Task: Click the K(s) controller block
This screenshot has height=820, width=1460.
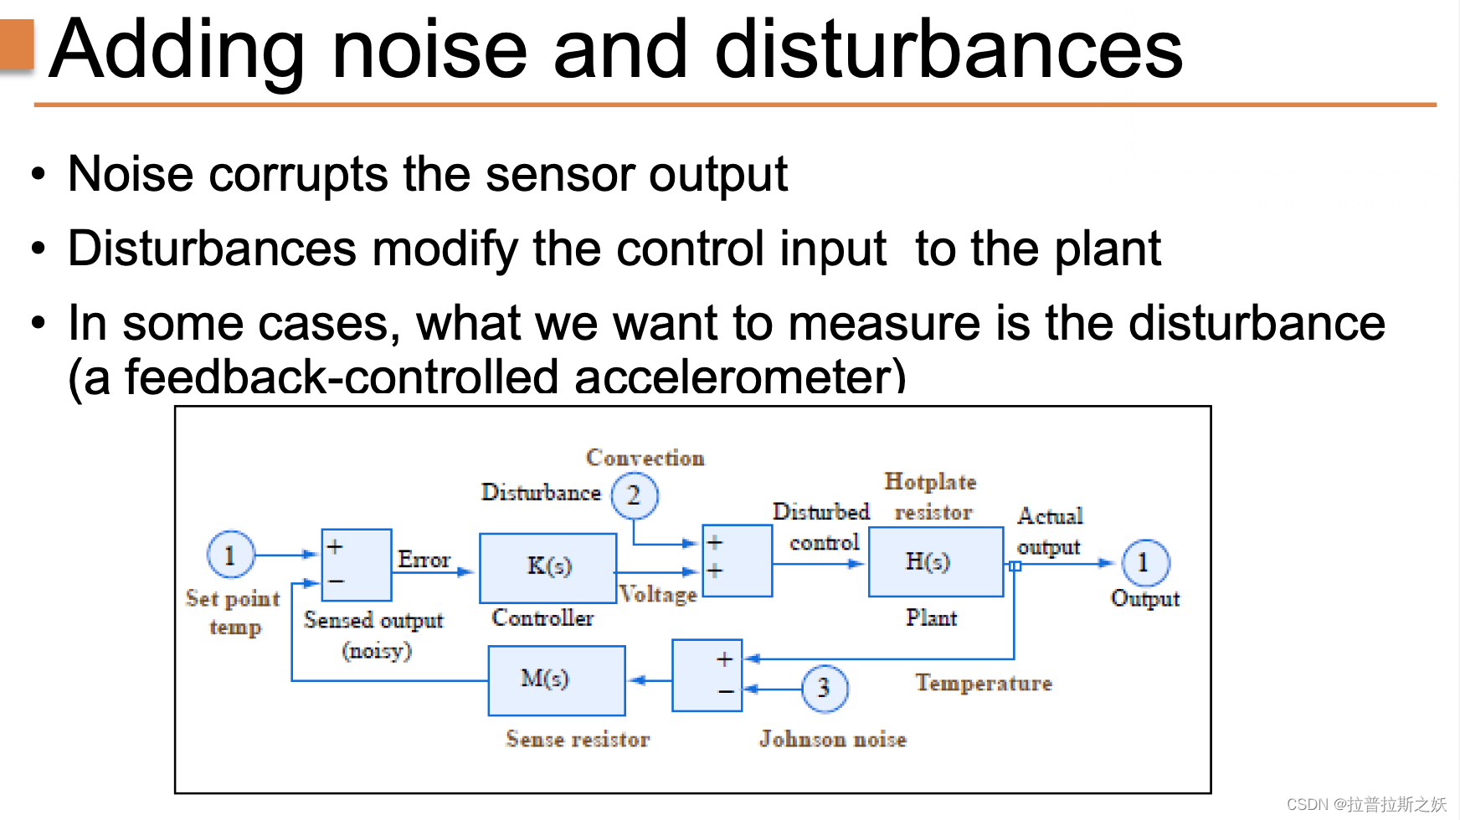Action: pyautogui.click(x=548, y=567)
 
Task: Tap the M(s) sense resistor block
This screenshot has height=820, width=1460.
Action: pyautogui.click(x=556, y=679)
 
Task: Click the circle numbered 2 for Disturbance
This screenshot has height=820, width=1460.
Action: pyautogui.click(x=634, y=495)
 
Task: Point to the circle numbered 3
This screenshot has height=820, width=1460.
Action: pyautogui.click(x=824, y=688)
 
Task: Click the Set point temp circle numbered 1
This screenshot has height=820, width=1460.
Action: pyautogui.click(x=230, y=555)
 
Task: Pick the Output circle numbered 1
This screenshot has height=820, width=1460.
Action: pyautogui.click(x=1144, y=563)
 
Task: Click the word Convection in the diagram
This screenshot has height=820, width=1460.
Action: pyautogui.click(x=645, y=458)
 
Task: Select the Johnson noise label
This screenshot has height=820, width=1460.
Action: pyautogui.click(x=832, y=739)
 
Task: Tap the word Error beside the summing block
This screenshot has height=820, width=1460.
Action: pyautogui.click(x=424, y=559)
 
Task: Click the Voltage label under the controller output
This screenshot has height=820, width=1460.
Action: pyautogui.click(x=658, y=594)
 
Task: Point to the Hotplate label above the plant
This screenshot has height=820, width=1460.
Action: pyautogui.click(x=930, y=482)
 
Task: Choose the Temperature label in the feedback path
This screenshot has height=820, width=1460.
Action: pyautogui.click(x=983, y=683)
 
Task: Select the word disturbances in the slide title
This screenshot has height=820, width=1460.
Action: pyautogui.click(x=948, y=50)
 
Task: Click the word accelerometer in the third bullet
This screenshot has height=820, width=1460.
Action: pyautogui.click(x=739, y=377)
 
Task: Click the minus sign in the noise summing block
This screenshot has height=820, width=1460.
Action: pyautogui.click(x=725, y=692)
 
